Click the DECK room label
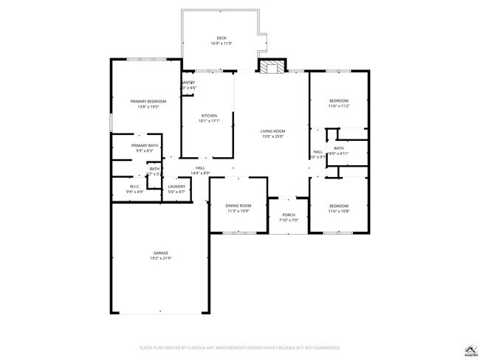222,38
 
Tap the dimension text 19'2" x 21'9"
161,258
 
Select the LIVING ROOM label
272,131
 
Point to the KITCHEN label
210,116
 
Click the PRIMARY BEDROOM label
148,101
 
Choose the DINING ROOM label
239,206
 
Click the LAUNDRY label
176,187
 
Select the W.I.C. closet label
135,187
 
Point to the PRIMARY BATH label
145,145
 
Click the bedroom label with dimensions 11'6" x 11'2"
338,100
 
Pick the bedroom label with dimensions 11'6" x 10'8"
338,206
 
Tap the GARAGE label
161,253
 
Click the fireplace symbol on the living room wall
271,67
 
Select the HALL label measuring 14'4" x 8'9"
200,168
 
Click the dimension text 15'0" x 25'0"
272,136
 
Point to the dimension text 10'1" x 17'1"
210,121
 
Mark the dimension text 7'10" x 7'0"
289,220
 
